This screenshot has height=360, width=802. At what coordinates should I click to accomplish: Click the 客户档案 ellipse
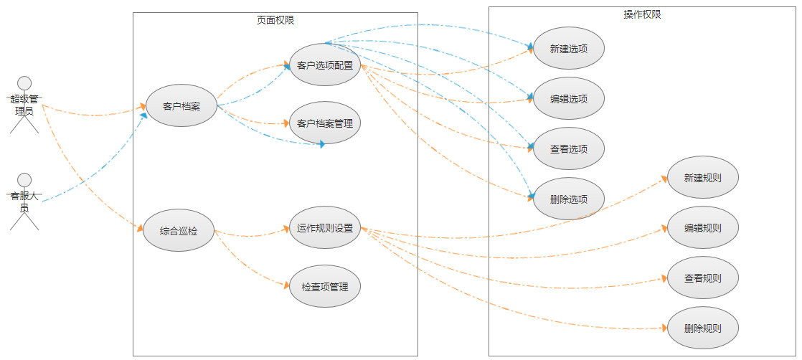coord(181,107)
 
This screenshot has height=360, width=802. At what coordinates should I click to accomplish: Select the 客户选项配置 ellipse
coord(325,65)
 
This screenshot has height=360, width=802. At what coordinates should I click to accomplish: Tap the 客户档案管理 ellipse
coord(325,123)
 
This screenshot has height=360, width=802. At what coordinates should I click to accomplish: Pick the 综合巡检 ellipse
coord(179,231)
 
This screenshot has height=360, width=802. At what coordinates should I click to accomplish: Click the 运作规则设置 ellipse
coord(325,229)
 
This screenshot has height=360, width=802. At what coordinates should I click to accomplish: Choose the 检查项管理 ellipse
coord(325,287)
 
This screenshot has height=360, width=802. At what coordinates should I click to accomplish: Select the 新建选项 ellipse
coord(569,49)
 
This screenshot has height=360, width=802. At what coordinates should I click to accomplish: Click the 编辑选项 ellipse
coord(569,99)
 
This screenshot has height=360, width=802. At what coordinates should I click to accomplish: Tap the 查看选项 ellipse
coord(569,149)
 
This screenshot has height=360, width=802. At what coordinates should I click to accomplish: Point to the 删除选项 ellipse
coord(569,199)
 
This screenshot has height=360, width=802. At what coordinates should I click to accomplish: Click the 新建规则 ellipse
coord(703,178)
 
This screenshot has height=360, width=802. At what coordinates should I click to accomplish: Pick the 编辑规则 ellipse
coord(703,228)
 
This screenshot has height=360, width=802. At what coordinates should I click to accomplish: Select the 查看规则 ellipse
coord(703,278)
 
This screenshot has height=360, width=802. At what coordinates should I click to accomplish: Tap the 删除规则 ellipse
coord(703,329)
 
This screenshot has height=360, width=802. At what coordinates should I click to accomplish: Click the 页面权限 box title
coord(275,20)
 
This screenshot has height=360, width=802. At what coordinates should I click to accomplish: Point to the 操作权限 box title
coord(643,14)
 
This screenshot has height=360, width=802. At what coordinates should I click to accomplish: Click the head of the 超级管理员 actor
coord(25,82)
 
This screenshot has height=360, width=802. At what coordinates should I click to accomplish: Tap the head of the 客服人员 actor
coord(25,179)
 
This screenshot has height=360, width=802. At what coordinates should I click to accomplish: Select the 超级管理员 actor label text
coord(24,105)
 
